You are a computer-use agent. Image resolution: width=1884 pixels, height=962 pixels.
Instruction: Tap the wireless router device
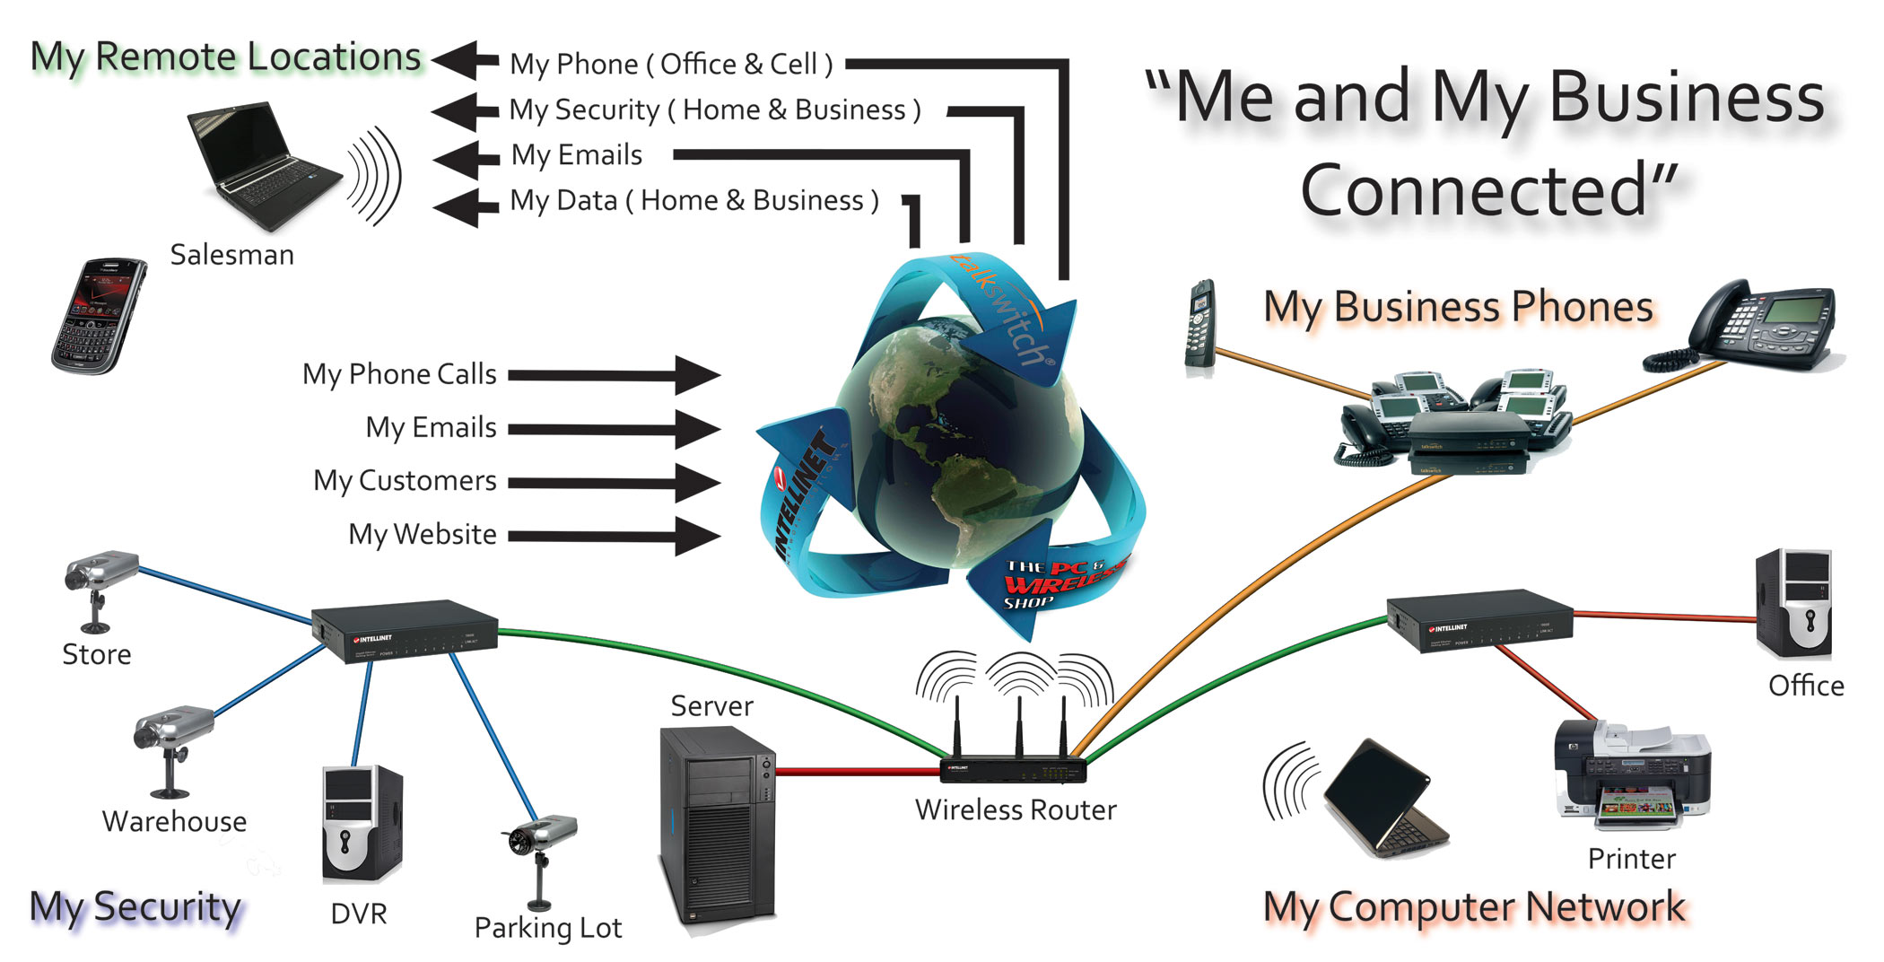click(1014, 767)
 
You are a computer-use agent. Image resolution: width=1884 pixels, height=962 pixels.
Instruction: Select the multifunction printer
click(1631, 776)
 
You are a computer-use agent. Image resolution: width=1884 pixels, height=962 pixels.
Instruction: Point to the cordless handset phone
click(1200, 325)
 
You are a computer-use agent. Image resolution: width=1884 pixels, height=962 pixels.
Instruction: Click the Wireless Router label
click(1016, 810)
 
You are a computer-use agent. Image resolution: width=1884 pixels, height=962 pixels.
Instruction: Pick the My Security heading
click(135, 908)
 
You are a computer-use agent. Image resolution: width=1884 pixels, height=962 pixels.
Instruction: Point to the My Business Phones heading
click(1458, 307)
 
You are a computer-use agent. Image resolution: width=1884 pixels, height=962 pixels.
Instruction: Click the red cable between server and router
click(857, 771)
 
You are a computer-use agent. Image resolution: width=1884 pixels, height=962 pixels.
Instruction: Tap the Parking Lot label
click(547, 928)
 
